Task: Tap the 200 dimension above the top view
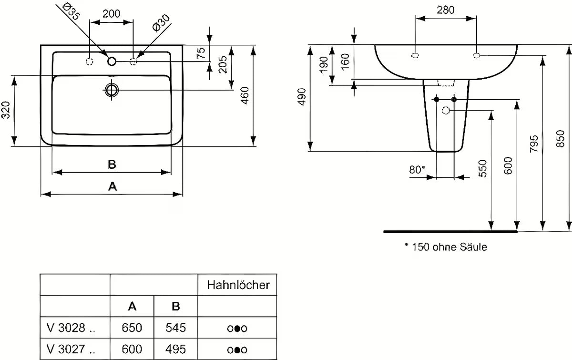tap(112, 13)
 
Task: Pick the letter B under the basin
tap(112, 164)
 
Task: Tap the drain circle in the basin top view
tap(112, 90)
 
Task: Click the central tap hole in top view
tap(112, 61)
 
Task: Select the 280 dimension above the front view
tap(446, 10)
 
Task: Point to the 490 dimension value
tap(301, 98)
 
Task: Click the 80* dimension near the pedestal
tap(417, 169)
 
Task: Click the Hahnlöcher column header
tap(238, 285)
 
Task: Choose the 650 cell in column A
tap(132, 328)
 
